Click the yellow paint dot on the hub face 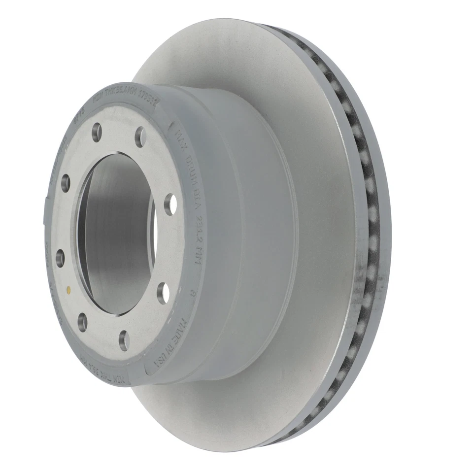point(69,287)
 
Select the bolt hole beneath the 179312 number point(139,137)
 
